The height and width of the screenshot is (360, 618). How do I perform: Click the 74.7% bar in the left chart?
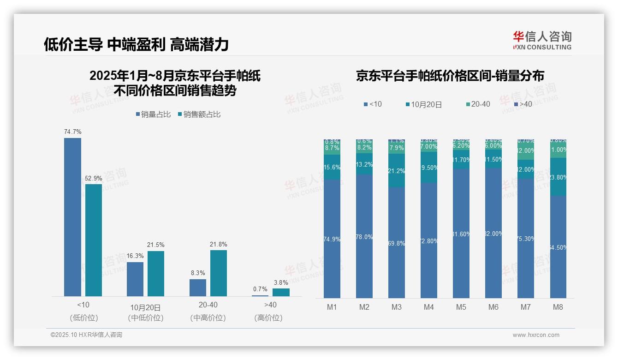pyautogui.click(x=72, y=217)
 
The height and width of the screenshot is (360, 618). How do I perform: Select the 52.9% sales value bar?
pyautogui.click(x=94, y=240)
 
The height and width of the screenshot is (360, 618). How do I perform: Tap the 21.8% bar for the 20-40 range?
pyautogui.click(x=219, y=273)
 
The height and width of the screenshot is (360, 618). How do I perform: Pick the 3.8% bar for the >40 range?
pyautogui.click(x=281, y=292)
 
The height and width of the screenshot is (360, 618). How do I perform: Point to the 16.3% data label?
pyautogui.click(x=135, y=256)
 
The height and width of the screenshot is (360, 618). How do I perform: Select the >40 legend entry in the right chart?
pyautogui.click(x=523, y=104)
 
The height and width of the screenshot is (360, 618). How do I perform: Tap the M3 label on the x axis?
pyautogui.click(x=397, y=307)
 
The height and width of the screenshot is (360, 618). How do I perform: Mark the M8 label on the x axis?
pyautogui.click(x=558, y=307)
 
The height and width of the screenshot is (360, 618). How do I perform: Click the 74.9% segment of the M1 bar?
pyautogui.click(x=332, y=239)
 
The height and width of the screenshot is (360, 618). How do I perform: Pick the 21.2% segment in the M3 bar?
pyautogui.click(x=397, y=171)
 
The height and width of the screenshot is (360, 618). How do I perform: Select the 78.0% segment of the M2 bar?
pyautogui.click(x=364, y=236)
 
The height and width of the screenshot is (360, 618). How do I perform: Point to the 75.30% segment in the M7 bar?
pyautogui.click(x=526, y=239)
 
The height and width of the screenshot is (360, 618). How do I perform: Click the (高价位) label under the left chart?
pyautogui.click(x=268, y=318)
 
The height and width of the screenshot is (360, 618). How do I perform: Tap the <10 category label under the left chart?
pyautogui.click(x=83, y=305)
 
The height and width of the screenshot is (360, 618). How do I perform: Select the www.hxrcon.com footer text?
pyautogui.click(x=536, y=335)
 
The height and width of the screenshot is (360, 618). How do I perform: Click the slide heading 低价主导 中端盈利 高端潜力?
pyautogui.click(x=136, y=44)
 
